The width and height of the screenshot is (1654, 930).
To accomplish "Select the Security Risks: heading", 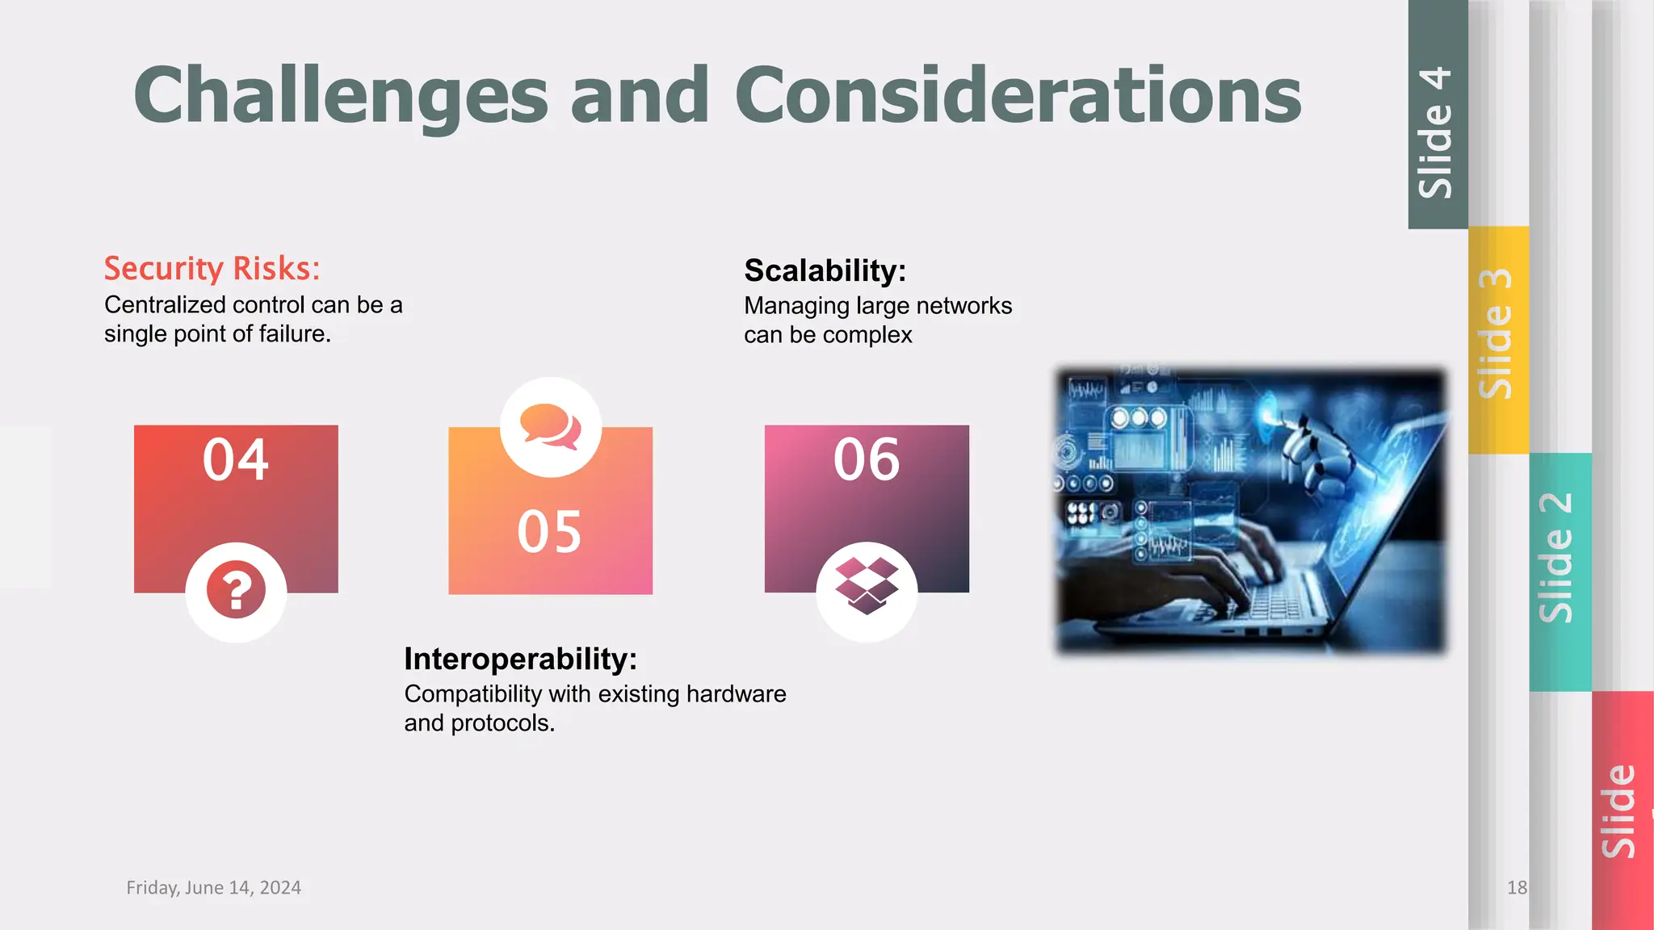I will coord(212,268).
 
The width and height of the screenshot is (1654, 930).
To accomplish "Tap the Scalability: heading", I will coord(825,270).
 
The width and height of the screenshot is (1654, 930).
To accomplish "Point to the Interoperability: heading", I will coord(520,659).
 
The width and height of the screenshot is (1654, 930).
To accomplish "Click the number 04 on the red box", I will coord(235,460).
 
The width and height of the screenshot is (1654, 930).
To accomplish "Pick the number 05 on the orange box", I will coord(549,532).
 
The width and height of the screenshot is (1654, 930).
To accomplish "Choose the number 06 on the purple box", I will coord(866,460).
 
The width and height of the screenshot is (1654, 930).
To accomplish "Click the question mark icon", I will coord(236,591).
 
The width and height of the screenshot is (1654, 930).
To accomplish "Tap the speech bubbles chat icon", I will coord(551,426).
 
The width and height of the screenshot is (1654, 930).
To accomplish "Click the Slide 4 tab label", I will coord(1437,133).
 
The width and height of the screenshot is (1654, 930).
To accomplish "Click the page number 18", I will coord(1517,887).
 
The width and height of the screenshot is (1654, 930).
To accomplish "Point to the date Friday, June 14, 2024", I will coord(213,887).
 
